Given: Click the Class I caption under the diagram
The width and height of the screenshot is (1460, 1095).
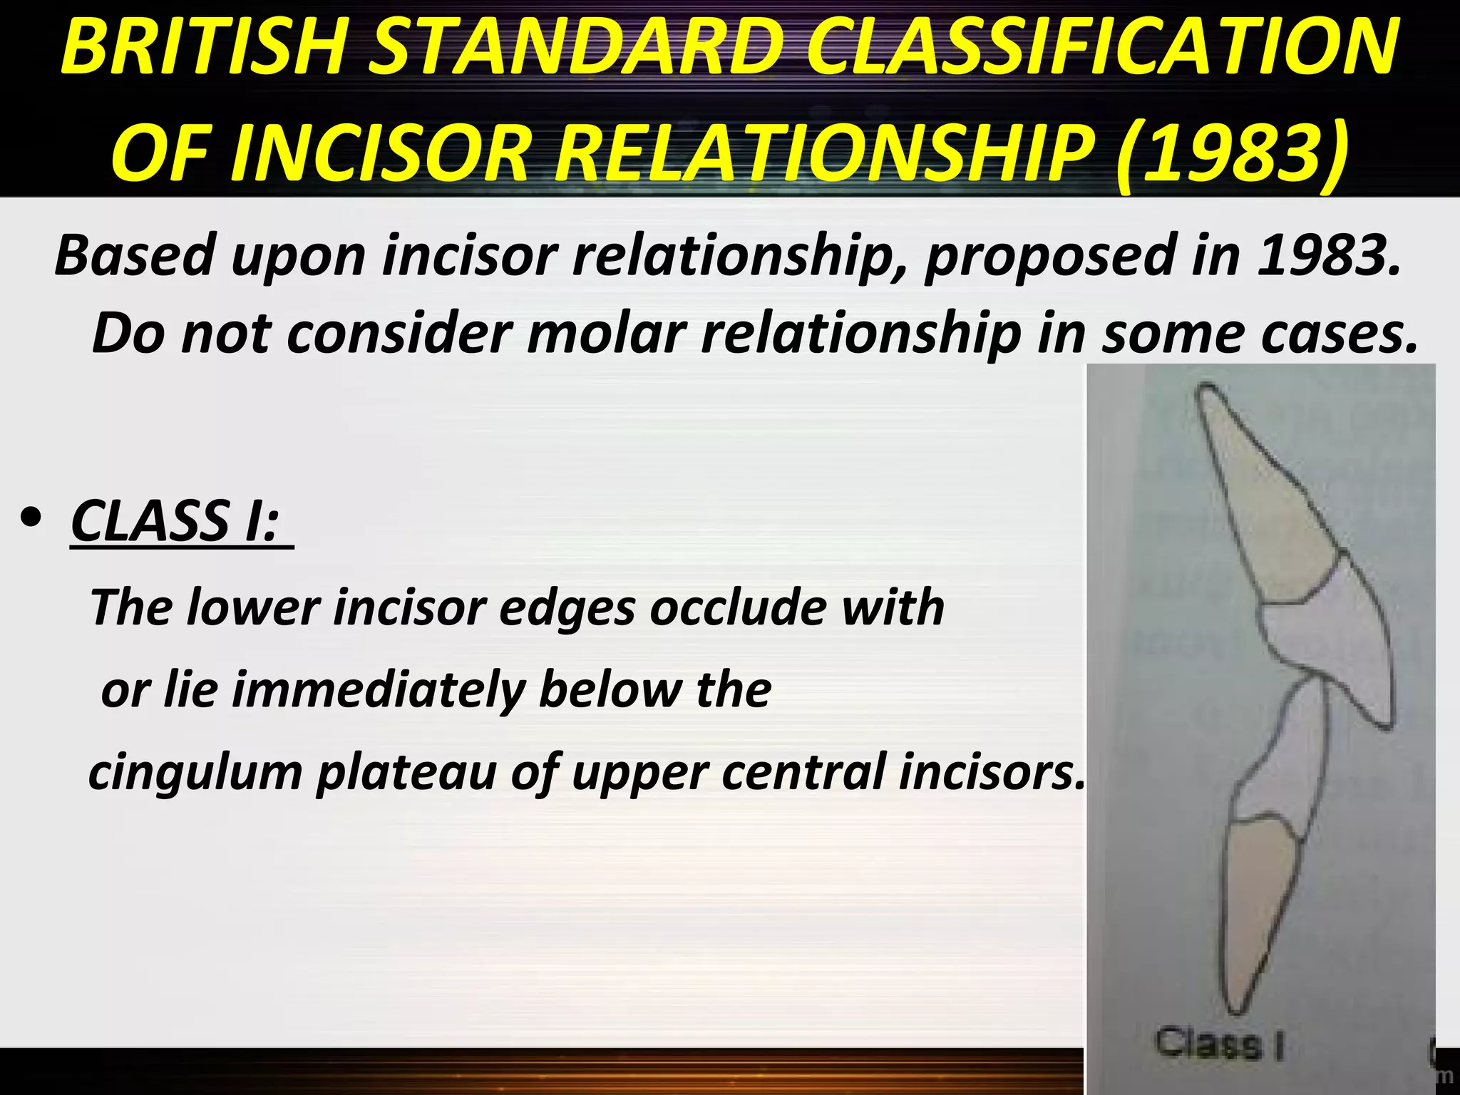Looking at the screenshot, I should [1219, 1045].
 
